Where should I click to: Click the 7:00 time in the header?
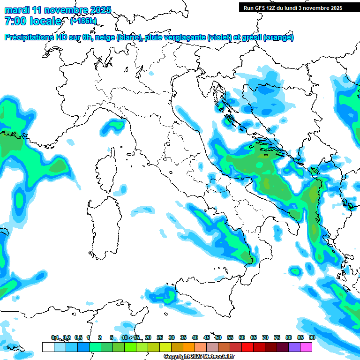point(15,21)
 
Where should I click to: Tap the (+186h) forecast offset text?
point(83,21)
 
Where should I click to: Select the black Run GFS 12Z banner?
point(292,7)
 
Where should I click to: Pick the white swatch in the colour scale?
point(48,347)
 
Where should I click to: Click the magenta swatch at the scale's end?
point(306,347)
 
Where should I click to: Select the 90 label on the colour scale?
point(312,337)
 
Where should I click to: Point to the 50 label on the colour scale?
point(218,337)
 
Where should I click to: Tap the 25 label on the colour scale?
point(160,337)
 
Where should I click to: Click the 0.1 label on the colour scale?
point(55,337)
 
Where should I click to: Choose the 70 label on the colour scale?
point(265,337)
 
